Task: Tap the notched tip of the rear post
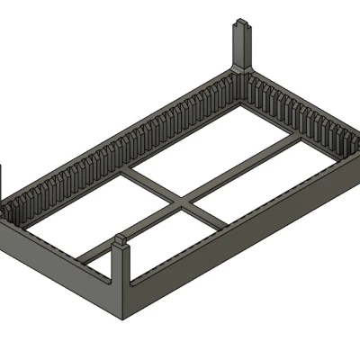pyautogui.click(x=242, y=22)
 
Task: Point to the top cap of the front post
pyautogui.click(x=122, y=240)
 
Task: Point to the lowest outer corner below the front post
pyautogui.click(x=124, y=319)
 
